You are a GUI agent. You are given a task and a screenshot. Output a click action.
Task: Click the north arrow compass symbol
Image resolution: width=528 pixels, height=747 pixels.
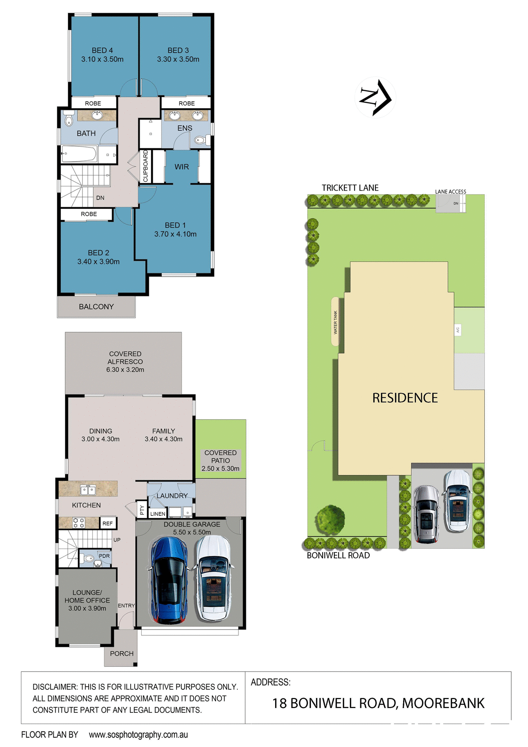pyautogui.click(x=375, y=97)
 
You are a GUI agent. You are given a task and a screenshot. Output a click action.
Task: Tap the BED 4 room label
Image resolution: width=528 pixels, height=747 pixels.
pyautogui.click(x=102, y=51)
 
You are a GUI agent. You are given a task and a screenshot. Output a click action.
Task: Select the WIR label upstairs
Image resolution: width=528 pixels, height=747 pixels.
pyautogui.click(x=182, y=167)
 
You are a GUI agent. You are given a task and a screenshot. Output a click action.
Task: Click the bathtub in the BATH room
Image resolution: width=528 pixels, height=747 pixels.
pyautogui.click(x=79, y=154)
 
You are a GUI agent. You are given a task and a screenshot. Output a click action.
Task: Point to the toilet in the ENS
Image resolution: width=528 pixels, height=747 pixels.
pyautogui.click(x=200, y=140)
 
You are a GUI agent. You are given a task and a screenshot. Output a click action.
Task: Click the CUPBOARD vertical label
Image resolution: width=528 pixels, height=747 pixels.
pyautogui.click(x=146, y=166)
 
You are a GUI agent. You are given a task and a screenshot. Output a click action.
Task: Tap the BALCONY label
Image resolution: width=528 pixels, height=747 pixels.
pyautogui.click(x=96, y=307)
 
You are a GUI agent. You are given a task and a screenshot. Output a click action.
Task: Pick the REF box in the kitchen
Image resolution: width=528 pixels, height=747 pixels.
pyautogui.click(x=108, y=523)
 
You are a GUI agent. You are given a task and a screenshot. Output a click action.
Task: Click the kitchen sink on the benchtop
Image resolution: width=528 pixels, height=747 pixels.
pyautogui.click(x=88, y=489)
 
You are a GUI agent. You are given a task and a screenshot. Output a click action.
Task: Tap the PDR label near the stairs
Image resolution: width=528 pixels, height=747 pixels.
pyautogui.click(x=104, y=556)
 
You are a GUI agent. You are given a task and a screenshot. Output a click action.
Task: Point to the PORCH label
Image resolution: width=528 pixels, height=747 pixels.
pyautogui.click(x=122, y=654)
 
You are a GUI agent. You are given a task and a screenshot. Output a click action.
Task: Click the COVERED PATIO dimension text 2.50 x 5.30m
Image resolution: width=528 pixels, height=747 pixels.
pyautogui.click(x=220, y=468)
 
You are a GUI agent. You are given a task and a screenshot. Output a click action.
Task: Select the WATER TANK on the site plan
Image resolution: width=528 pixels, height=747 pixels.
pyautogui.click(x=335, y=322)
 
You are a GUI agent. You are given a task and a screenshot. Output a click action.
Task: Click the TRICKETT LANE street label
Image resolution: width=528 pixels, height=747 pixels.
pyautogui.click(x=350, y=188)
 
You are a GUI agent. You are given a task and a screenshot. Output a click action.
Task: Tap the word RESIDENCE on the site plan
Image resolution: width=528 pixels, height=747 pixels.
pyautogui.click(x=405, y=398)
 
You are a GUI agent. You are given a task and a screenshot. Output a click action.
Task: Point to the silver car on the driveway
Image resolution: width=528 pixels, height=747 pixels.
pyautogui.click(x=426, y=514)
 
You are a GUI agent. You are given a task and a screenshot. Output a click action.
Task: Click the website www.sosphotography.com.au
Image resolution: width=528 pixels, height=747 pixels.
pyautogui.click(x=138, y=735)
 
